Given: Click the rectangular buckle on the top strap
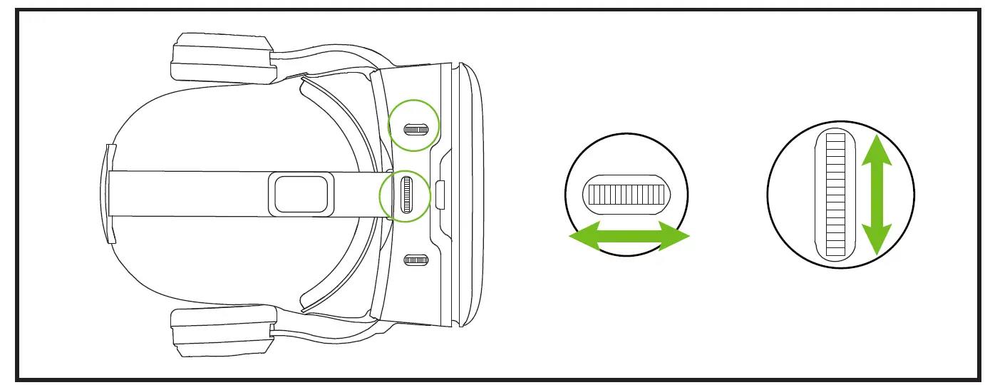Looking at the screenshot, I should point(301,194).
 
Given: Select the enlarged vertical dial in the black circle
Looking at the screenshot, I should point(835,195).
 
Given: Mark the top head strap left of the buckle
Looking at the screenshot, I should point(185,193).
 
